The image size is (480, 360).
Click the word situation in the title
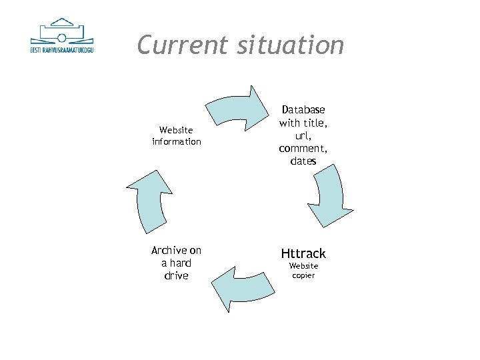click(x=291, y=45)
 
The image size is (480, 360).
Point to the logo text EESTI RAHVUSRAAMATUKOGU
click(x=62, y=50)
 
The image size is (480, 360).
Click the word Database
click(x=303, y=109)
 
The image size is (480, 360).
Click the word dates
click(x=303, y=161)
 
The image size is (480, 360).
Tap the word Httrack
click(x=303, y=253)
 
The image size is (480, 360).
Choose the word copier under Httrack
click(x=303, y=275)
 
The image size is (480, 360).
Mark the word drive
click(x=176, y=275)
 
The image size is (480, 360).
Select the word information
click(x=176, y=141)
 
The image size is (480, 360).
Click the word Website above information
click(x=176, y=130)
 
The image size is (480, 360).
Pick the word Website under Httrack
click(x=303, y=266)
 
